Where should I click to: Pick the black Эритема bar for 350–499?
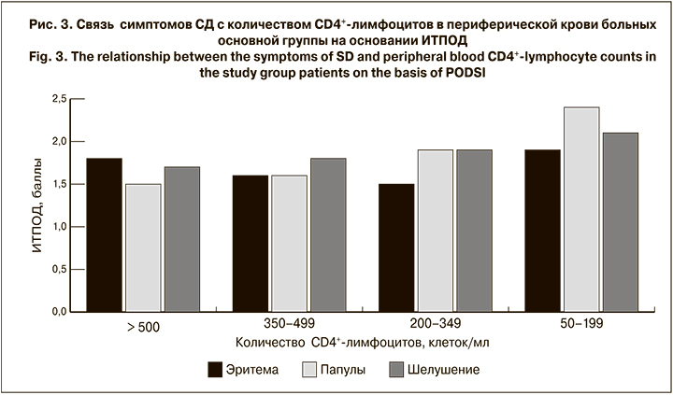(x=251, y=244)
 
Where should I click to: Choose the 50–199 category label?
(x=581, y=325)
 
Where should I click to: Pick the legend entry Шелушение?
(x=443, y=370)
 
